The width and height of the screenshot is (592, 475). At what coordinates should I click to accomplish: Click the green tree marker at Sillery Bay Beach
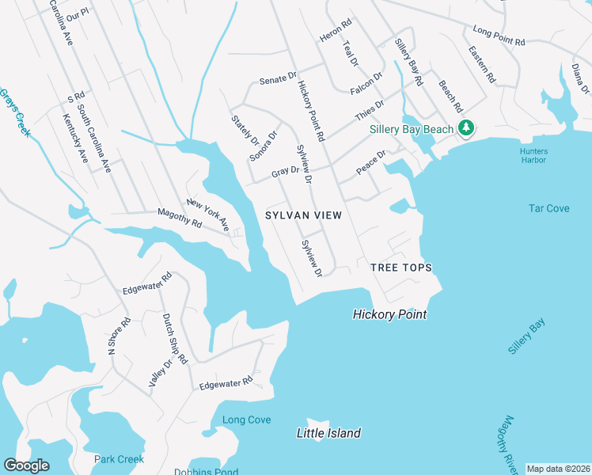pyautogui.click(x=466, y=127)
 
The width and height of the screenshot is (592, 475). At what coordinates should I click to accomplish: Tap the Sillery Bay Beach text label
pyautogui.click(x=412, y=129)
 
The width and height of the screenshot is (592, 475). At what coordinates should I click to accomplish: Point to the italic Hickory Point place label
pyautogui.click(x=389, y=314)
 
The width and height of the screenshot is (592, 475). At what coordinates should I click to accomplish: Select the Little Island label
pyautogui.click(x=328, y=433)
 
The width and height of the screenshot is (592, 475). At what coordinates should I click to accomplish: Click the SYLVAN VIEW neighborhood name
pyautogui.click(x=303, y=215)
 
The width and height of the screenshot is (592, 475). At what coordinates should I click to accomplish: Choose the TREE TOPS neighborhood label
pyautogui.click(x=401, y=268)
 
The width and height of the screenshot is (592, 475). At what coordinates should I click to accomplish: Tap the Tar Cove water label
pyautogui.click(x=548, y=208)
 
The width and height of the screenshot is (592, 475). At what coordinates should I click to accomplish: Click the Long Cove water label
pyautogui.click(x=246, y=420)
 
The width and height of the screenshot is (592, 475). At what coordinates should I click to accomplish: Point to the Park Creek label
pyautogui.click(x=119, y=459)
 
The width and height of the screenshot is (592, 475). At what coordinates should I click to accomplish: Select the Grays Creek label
pyautogui.click(x=14, y=112)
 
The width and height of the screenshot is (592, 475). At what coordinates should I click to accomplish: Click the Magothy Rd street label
pyautogui.click(x=180, y=218)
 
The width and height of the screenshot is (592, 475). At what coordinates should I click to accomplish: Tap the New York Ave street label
pyautogui.click(x=207, y=215)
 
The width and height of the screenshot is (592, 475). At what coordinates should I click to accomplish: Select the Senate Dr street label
pyautogui.click(x=278, y=79)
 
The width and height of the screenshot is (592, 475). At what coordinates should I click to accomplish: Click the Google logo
pyautogui.click(x=26, y=465)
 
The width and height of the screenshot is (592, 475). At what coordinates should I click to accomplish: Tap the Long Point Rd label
pyautogui.click(x=499, y=36)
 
